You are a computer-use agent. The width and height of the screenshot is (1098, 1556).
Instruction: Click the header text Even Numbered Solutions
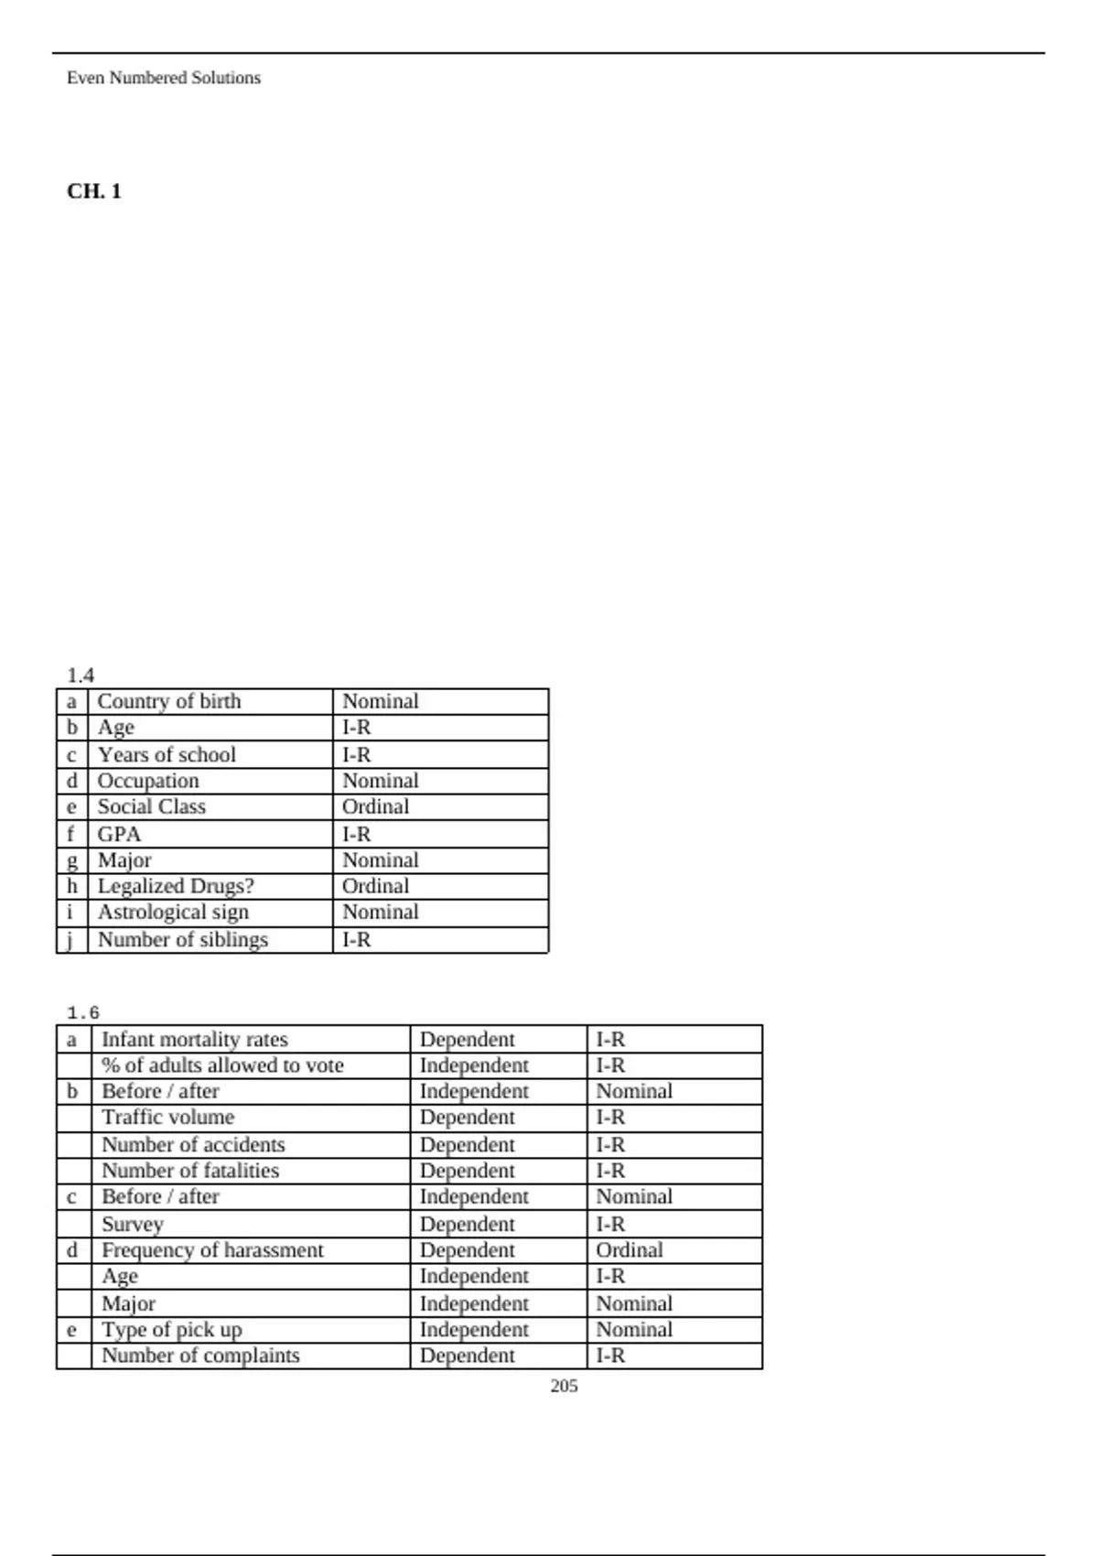[164, 79]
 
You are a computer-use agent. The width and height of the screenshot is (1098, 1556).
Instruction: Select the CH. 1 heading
[94, 191]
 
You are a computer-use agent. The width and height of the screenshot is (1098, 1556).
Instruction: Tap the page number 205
[564, 1386]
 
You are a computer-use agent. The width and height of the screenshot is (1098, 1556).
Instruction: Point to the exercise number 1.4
[81, 675]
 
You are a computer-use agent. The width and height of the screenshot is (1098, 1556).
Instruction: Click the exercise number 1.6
[83, 1013]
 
